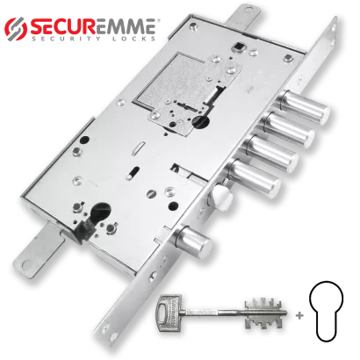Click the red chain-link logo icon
16,29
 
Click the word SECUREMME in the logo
92,27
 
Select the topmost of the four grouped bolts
304,107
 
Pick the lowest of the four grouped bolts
255,178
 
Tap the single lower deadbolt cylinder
194,241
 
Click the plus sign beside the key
299,316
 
